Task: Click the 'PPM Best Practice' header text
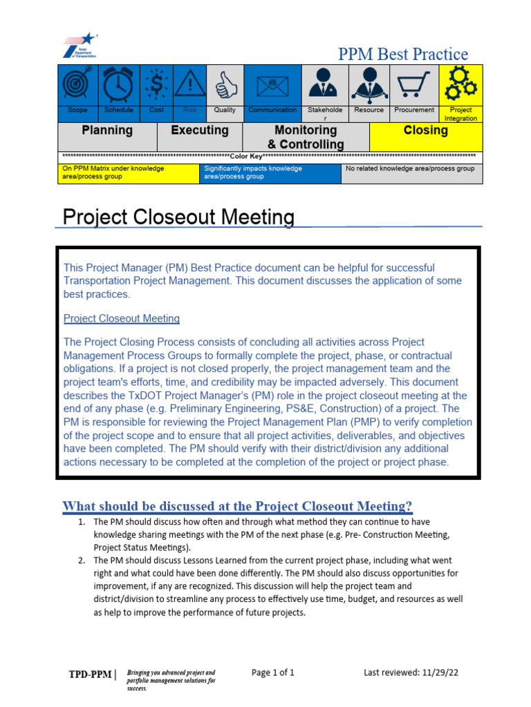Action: [402, 55]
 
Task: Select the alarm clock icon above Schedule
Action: [118, 84]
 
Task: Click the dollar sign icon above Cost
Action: [157, 84]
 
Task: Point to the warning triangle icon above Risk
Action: [189, 84]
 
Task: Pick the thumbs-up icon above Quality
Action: [225, 86]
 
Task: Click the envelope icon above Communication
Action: [272, 86]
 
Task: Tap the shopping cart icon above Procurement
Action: [414, 86]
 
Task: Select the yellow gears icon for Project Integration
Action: [460, 84]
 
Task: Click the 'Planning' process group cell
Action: [107, 130]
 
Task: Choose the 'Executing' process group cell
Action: [200, 130]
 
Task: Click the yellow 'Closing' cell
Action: [425, 130]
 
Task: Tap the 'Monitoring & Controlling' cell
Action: [306, 137]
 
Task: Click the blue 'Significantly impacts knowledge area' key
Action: [271, 173]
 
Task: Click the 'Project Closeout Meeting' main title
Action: [178, 217]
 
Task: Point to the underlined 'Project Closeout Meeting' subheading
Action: [122, 318]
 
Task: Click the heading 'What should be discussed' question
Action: [237, 506]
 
